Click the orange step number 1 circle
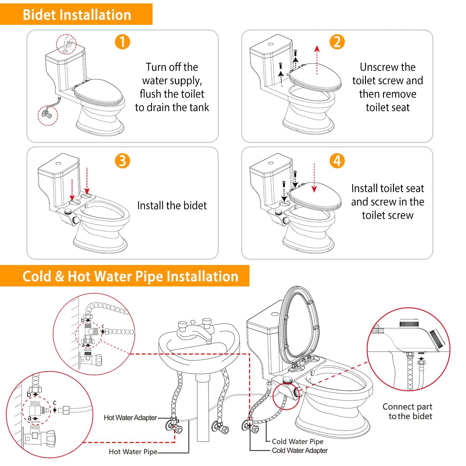click(x=122, y=42)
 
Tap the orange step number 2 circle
click(x=337, y=42)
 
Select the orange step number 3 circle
click(x=122, y=161)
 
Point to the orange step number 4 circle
click(x=337, y=161)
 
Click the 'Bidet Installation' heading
click(x=77, y=15)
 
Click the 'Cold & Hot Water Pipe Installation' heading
click(x=130, y=276)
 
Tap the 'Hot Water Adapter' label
click(x=130, y=418)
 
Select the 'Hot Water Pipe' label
click(x=133, y=452)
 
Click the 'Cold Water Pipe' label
click(x=297, y=441)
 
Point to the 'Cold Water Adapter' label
click(x=299, y=450)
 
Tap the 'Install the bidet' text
click(x=172, y=205)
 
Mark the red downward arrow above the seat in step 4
click(x=314, y=179)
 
